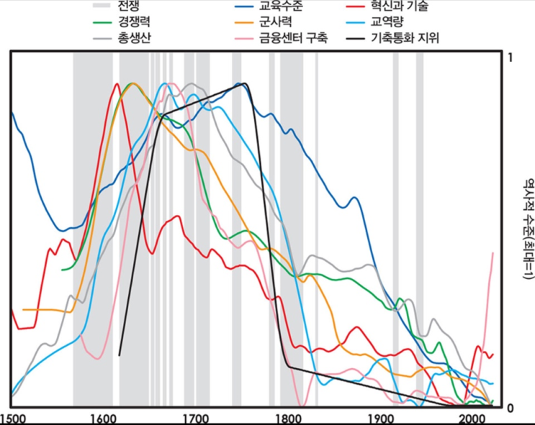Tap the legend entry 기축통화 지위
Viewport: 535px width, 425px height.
click(x=405, y=37)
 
